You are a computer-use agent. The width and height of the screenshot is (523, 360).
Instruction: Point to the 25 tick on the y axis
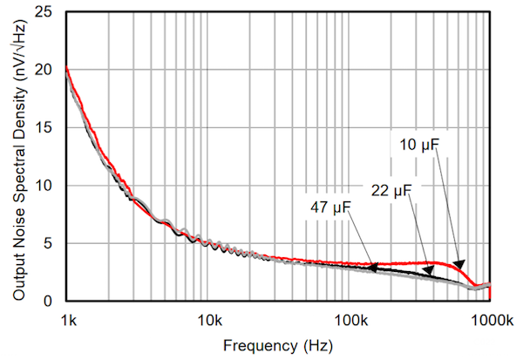[x=49, y=12]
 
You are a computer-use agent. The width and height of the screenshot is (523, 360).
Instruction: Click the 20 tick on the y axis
[x=49, y=70]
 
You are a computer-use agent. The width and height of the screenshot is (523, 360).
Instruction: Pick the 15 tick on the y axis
[x=49, y=127]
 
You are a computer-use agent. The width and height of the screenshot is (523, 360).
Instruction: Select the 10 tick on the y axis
[x=49, y=186]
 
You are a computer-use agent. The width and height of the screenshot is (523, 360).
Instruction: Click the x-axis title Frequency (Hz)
[x=277, y=345]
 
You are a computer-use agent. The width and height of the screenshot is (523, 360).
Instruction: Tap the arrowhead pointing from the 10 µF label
[x=459, y=264]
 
